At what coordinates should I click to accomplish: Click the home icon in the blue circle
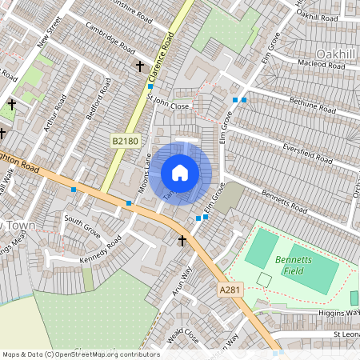180,172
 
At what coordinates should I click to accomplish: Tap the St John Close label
168,105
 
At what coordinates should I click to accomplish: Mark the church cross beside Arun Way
182,240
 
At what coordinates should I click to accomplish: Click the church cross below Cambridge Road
141,66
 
